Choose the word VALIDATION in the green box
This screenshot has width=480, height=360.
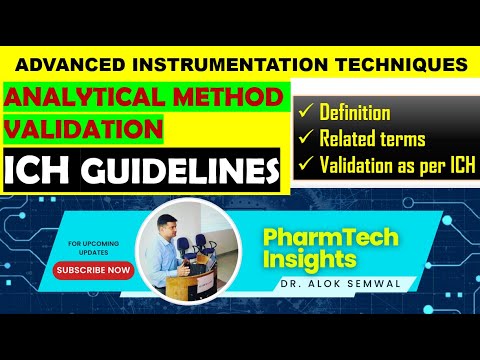pos(84,129)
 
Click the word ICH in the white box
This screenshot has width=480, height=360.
pos(39,171)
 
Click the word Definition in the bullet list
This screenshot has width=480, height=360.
pos(355,113)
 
